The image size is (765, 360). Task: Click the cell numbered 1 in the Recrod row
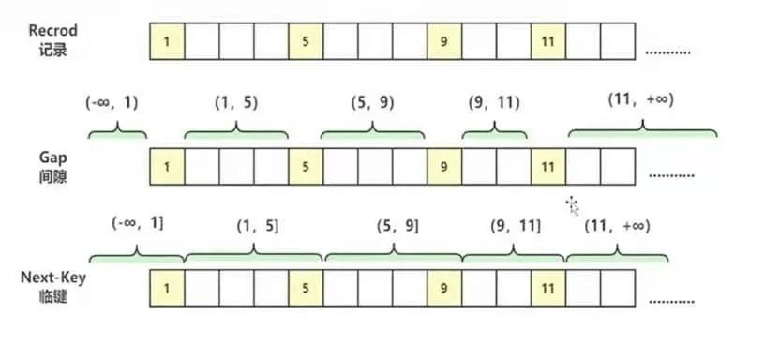pyautogui.click(x=167, y=41)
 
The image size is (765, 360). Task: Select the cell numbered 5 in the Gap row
pyautogui.click(x=306, y=167)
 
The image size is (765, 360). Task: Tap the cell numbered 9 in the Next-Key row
pyautogui.click(x=444, y=289)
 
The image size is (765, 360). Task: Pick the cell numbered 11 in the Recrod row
pyautogui.click(x=548, y=41)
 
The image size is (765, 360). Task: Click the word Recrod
pyautogui.click(x=52, y=31)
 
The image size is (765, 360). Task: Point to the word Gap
pyautogui.click(x=52, y=158)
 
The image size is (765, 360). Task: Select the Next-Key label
pyautogui.click(x=52, y=278)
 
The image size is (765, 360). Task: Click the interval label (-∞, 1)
pyautogui.click(x=112, y=103)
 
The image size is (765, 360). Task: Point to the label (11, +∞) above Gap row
pyautogui.click(x=640, y=100)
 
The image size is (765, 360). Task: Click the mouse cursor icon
pyautogui.click(x=572, y=205)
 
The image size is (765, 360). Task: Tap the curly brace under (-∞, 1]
pyautogui.click(x=137, y=254)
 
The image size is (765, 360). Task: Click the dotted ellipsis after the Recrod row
pyautogui.click(x=667, y=52)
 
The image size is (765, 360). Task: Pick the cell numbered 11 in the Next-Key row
pyautogui.click(x=548, y=289)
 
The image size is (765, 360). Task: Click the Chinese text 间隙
pyautogui.click(x=52, y=176)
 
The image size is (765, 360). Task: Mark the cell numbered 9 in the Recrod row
pyautogui.click(x=444, y=41)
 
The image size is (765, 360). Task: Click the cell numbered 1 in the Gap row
pyautogui.click(x=167, y=167)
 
